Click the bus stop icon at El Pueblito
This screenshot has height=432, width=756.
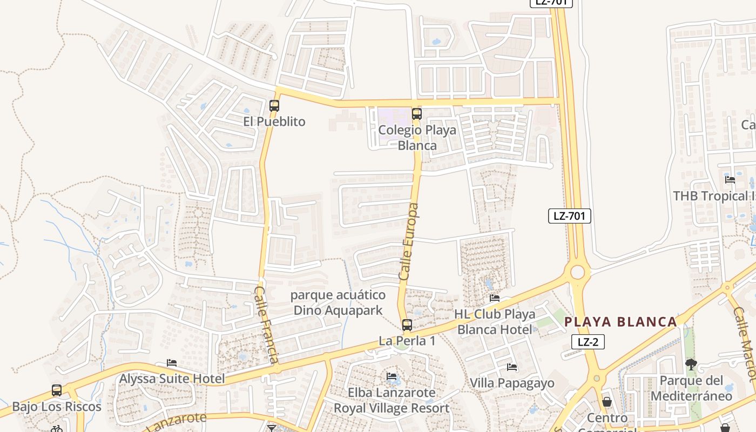274,106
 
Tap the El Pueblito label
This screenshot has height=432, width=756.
274,122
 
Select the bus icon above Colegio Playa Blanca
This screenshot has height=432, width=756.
416,114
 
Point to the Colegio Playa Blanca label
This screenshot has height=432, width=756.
417,138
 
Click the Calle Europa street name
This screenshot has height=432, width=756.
409,241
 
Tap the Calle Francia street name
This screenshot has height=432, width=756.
267,325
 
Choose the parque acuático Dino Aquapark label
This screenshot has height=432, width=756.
338,302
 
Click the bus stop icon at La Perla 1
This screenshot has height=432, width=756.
407,325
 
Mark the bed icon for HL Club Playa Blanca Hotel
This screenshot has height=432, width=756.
494,298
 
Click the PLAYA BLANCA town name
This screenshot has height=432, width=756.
620,322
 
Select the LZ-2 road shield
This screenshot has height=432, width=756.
588,342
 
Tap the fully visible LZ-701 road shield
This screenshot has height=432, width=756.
570,216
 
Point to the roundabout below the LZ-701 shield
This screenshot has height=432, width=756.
577,272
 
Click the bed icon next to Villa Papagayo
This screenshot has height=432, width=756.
512,368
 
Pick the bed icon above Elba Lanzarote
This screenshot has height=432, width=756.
391,376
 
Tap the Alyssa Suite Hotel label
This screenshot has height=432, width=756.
172,379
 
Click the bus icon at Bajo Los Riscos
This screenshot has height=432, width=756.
57,390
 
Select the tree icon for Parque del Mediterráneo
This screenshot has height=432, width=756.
691,364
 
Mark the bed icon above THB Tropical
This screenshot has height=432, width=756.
730,180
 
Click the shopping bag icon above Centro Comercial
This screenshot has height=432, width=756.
607,402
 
